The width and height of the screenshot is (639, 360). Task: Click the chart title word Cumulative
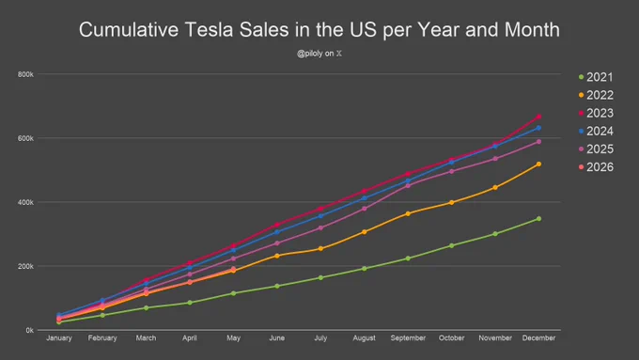[129, 30]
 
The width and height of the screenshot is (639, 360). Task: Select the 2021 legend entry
[596, 77]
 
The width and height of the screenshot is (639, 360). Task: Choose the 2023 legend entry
[596, 113]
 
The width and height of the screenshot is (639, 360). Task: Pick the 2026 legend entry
[596, 167]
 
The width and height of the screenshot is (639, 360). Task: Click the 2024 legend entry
[596, 131]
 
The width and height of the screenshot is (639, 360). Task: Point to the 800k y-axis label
[25, 74]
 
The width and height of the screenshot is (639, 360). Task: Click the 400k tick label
[25, 202]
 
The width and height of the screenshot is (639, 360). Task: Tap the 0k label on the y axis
[29, 330]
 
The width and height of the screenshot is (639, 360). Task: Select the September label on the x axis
[408, 338]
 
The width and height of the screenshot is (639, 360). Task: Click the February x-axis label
[102, 338]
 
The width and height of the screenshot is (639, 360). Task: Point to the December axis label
[538, 338]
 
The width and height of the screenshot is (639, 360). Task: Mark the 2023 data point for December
[538, 117]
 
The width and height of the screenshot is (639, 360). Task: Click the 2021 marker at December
[538, 219]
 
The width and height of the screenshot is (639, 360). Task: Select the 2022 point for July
[320, 249]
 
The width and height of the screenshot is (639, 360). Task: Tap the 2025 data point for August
[365, 209]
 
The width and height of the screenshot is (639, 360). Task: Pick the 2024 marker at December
[538, 128]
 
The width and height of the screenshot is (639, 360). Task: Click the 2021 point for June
[277, 286]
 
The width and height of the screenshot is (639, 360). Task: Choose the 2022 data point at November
[495, 188]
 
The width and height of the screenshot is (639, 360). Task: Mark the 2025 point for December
[538, 142]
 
